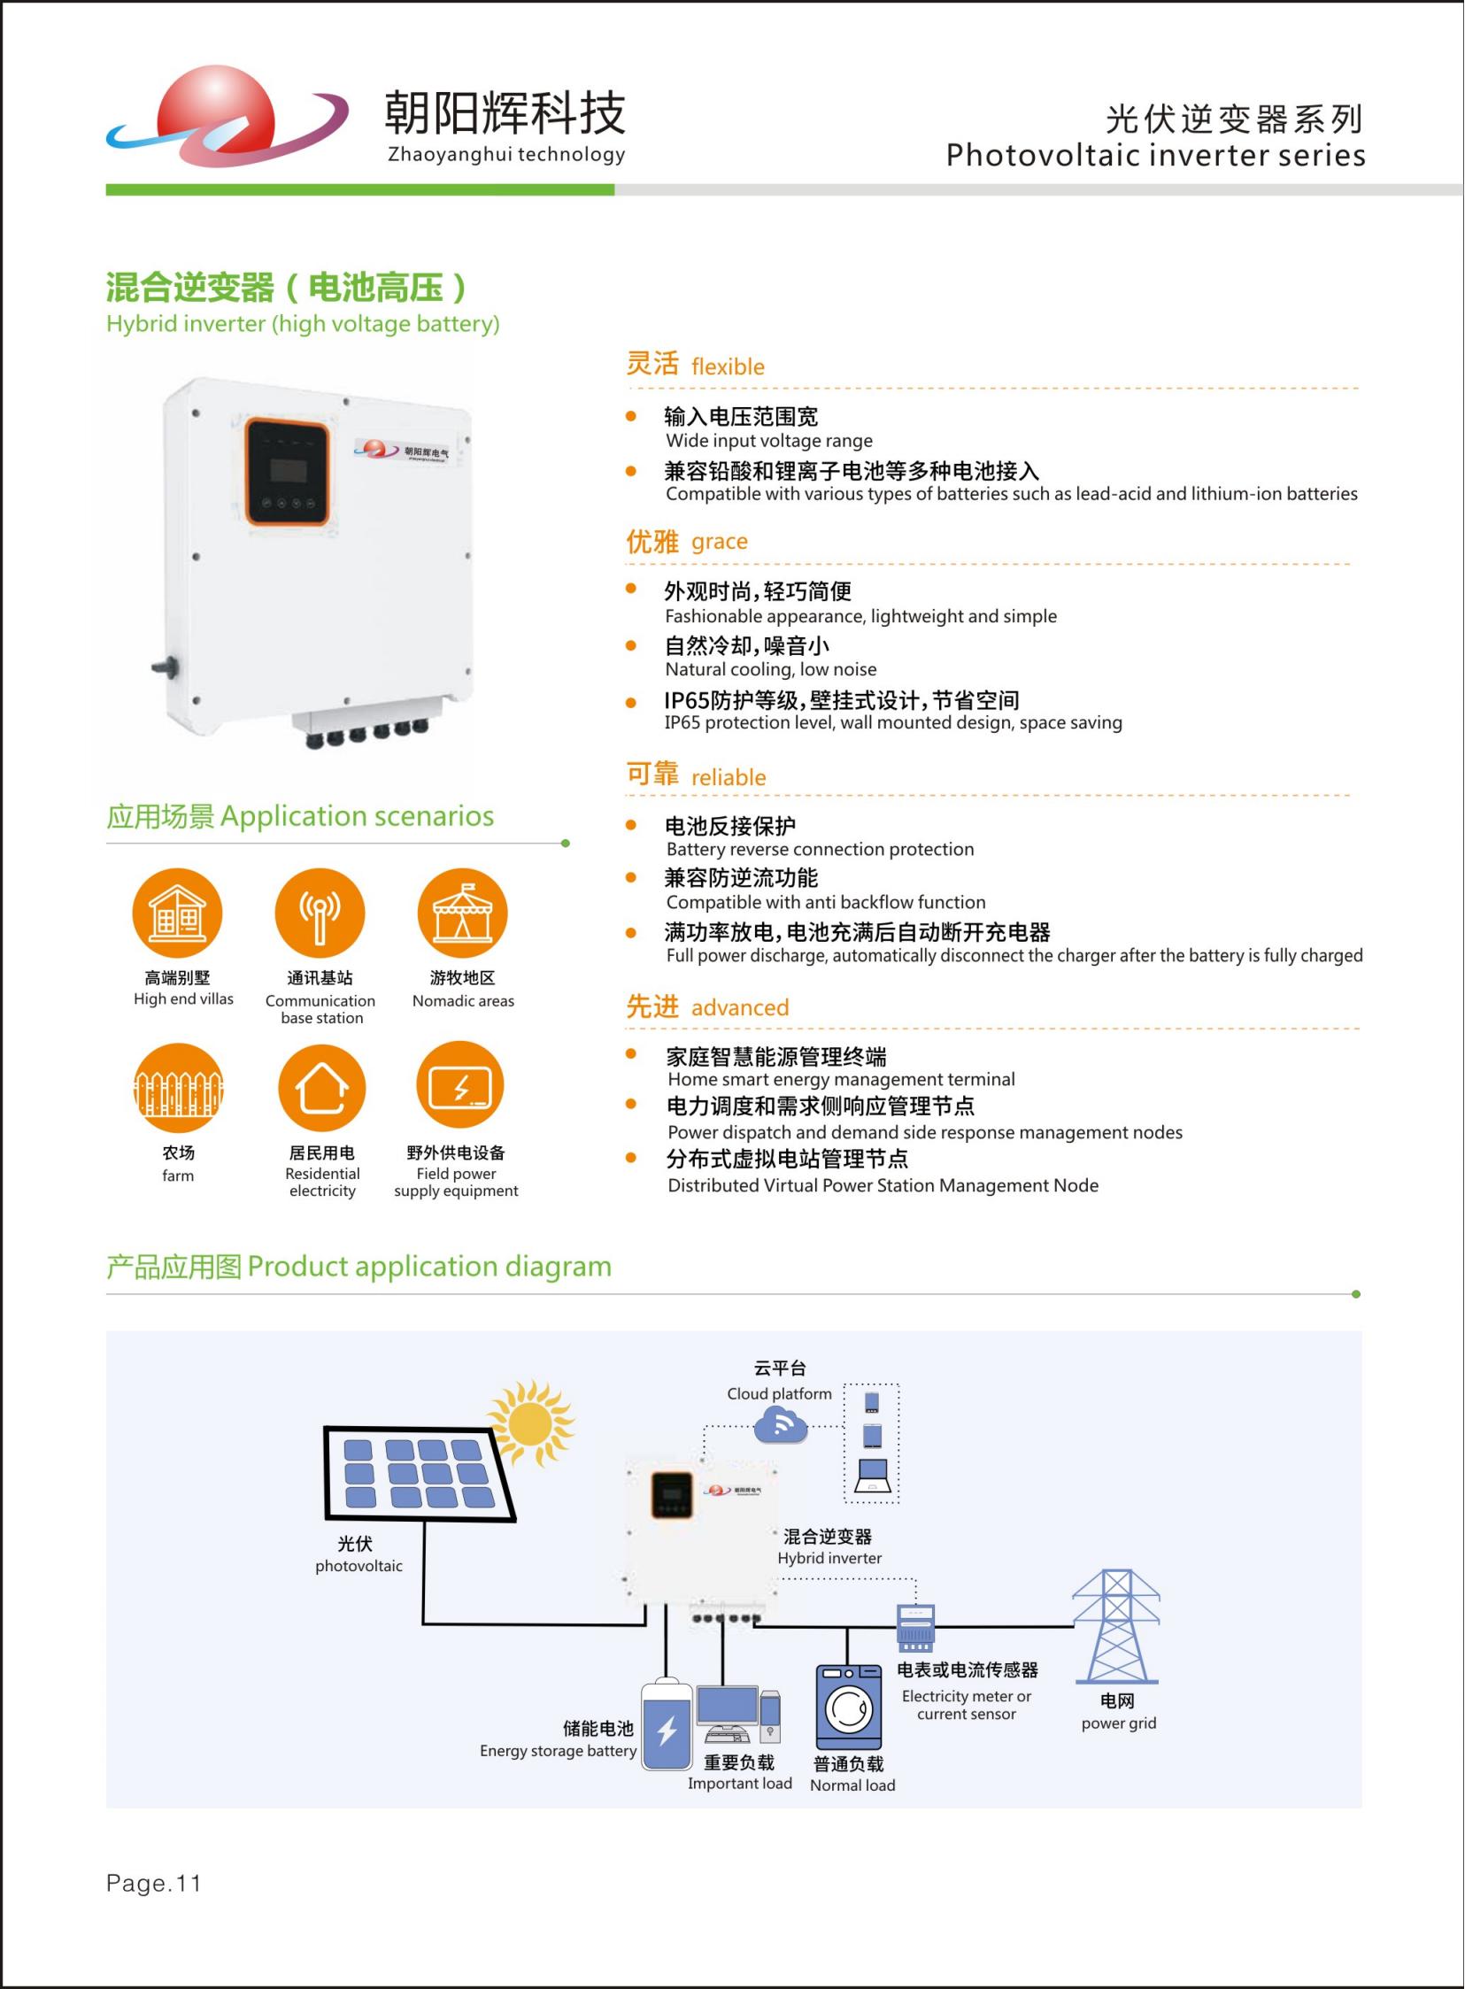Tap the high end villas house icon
pyautogui.click(x=177, y=914)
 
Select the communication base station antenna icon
pyautogui.click(x=320, y=914)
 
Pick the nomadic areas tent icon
pyautogui.click(x=462, y=914)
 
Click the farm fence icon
pyautogui.click(x=177, y=1088)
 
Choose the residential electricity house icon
pyautogui.click(x=321, y=1088)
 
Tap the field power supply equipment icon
pyautogui.click(x=460, y=1086)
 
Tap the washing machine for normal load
pyautogui.click(x=849, y=1707)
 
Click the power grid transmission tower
pyautogui.click(x=1116, y=1626)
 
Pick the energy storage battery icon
pyautogui.click(x=667, y=1724)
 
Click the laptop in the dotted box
pyautogui.click(x=873, y=1475)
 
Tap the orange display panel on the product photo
pyautogui.click(x=287, y=471)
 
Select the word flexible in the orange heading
pyautogui.click(x=728, y=366)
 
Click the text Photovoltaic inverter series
pyautogui.click(x=1155, y=155)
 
